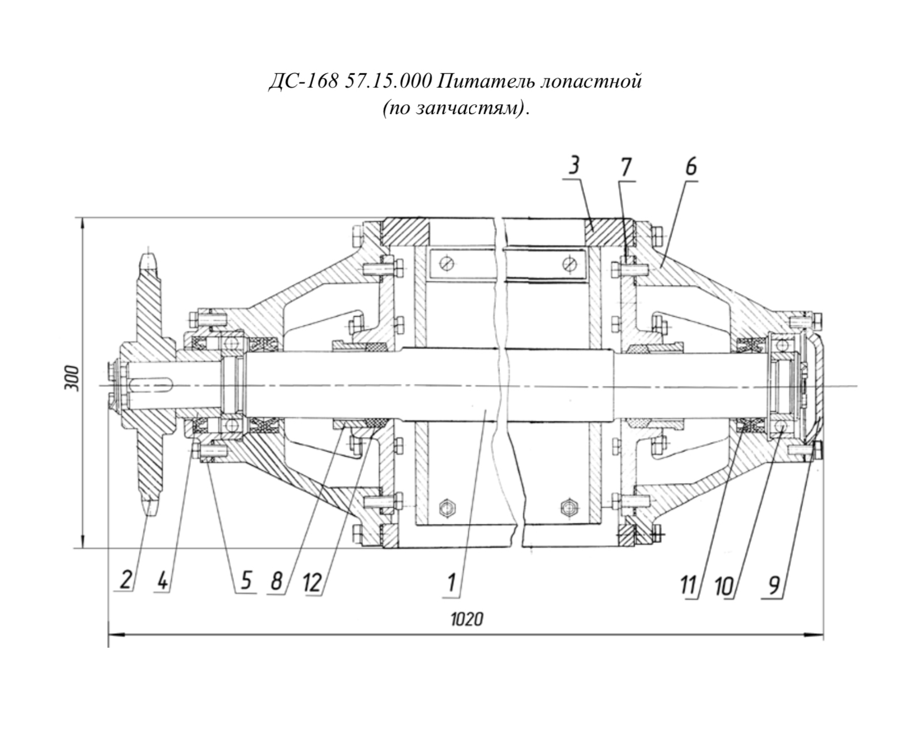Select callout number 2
pyautogui.click(x=125, y=580)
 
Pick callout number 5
pyautogui.click(x=246, y=581)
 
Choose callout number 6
pyautogui.click(x=691, y=167)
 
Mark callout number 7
pyautogui.click(x=626, y=167)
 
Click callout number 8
pyautogui.click(x=276, y=581)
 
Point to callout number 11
pyautogui.click(x=689, y=586)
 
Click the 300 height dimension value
pyautogui.click(x=72, y=378)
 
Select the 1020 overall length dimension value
pyautogui.click(x=467, y=619)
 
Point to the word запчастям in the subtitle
pyautogui.click(x=466, y=109)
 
